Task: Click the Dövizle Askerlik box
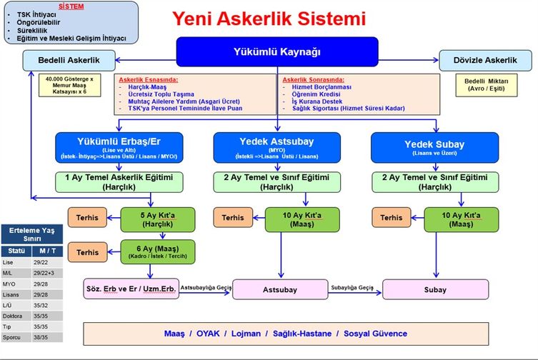click(x=486, y=60)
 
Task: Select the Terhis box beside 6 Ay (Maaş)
click(x=87, y=252)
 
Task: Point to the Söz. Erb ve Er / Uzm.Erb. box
click(x=130, y=289)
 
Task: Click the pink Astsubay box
click(x=274, y=289)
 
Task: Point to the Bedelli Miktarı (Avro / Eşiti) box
click(x=486, y=86)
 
